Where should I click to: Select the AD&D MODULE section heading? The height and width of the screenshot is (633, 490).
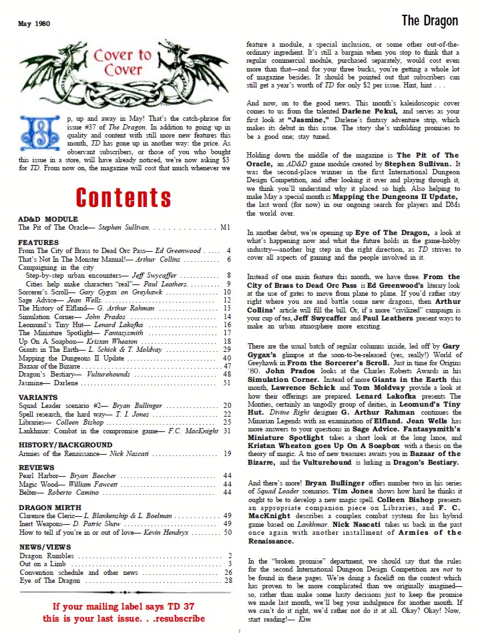click(48, 219)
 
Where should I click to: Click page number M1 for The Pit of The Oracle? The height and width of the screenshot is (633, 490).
click(225, 228)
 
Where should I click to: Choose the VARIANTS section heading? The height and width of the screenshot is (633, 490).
click(37, 397)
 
